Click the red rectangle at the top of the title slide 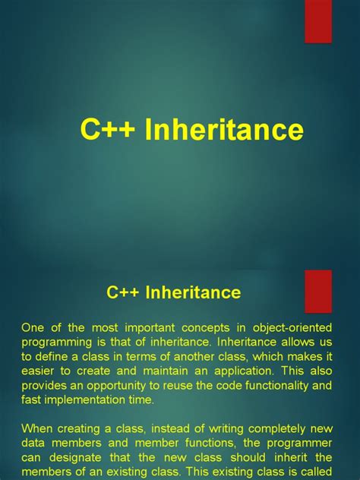point(318,21)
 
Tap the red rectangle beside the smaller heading point(318,291)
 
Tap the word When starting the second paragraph point(38,428)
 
